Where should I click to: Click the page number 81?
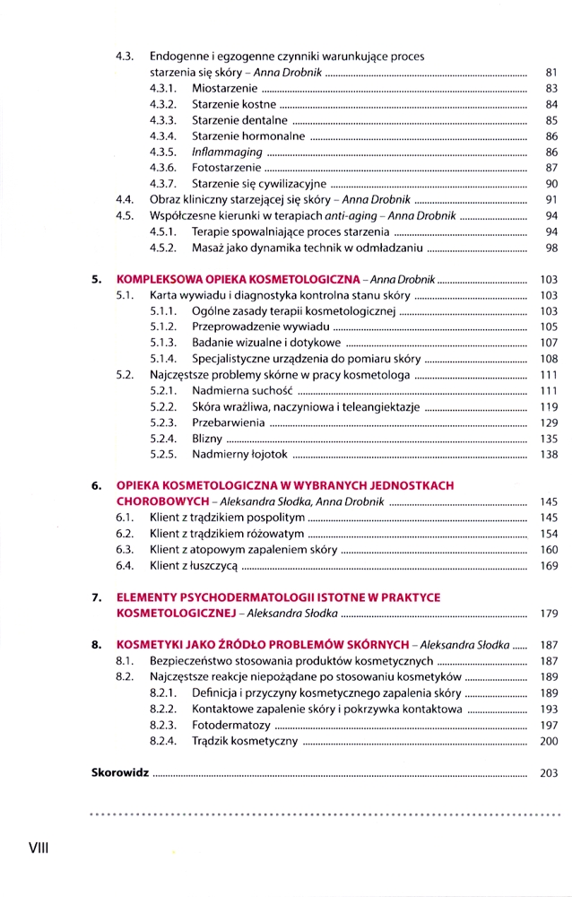coord(551,72)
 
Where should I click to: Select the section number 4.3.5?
coord(163,152)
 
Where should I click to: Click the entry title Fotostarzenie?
coord(227,168)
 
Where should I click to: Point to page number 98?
coord(551,248)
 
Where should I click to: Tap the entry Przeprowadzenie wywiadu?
coord(254,327)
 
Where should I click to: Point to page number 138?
coord(550,455)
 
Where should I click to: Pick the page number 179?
coord(550,614)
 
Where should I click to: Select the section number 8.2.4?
coord(163,742)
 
